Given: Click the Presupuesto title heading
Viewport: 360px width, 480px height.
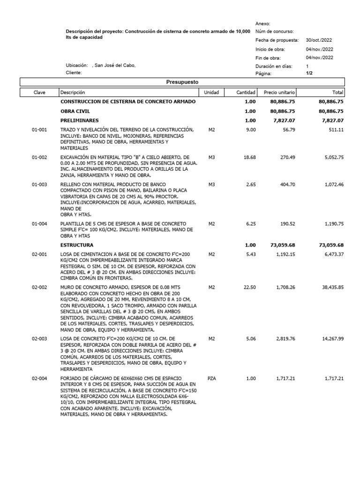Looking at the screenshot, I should pos(183,82).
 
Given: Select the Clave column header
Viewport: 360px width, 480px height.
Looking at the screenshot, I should pos(39,92).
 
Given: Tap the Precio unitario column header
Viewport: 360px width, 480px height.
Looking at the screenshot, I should pos(279,92).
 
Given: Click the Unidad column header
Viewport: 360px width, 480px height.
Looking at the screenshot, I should pos(212,92).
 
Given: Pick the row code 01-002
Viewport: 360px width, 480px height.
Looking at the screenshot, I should pos(39,157).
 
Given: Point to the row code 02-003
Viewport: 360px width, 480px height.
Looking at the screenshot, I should pos(39,338).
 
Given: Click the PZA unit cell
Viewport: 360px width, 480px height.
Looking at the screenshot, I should pos(212,378).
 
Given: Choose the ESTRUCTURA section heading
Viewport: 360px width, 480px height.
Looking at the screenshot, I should pos(77,245).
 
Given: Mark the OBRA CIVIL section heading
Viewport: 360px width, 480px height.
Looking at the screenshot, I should pos(75,111).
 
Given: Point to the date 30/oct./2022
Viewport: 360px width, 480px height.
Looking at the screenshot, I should pos(319,40).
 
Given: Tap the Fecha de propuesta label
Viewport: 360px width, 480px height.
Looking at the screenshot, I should pos(277,40).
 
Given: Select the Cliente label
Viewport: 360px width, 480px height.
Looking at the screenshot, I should pos(74,73).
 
